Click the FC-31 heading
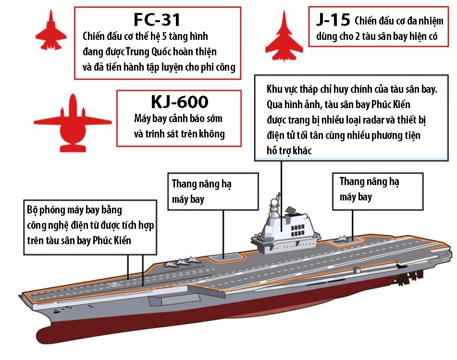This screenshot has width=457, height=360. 157,19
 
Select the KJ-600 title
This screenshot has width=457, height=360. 180,102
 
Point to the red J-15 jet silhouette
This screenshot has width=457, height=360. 284,35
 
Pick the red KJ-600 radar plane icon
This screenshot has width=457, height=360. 73,122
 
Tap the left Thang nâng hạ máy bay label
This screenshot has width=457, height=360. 202,191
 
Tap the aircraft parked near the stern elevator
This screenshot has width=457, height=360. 343,239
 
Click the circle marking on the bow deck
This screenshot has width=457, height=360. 114,285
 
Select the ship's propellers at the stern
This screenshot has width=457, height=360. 409,276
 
